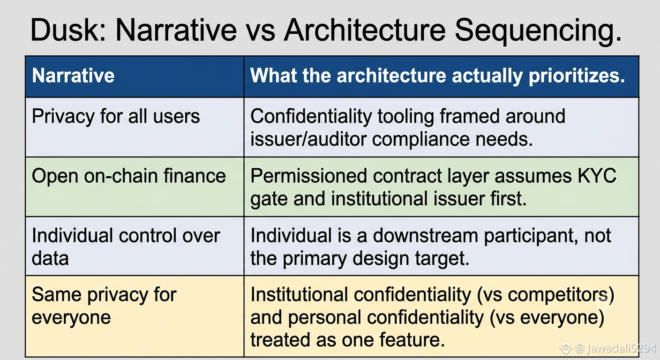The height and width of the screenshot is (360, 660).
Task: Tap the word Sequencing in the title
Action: tap(538, 31)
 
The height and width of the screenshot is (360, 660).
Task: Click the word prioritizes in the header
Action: tap(577, 76)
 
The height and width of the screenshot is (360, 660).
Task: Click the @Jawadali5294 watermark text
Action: tap(615, 348)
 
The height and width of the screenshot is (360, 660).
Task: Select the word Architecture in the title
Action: tap(365, 30)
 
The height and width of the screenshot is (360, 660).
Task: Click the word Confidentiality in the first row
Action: tap(311, 116)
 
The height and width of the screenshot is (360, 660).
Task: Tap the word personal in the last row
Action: tap(324, 317)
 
